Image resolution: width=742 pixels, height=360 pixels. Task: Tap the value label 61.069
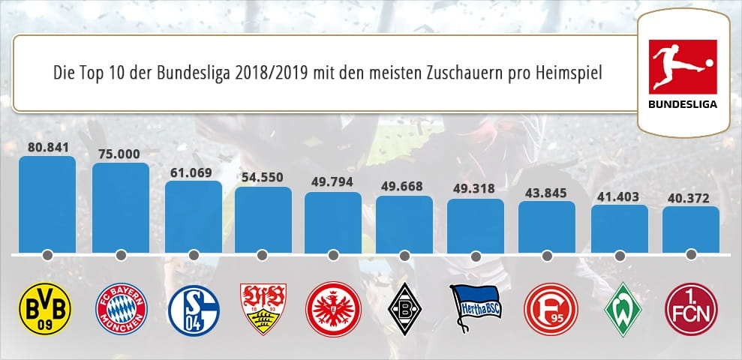coord(193,172)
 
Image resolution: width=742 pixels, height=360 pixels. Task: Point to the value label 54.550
coord(263,178)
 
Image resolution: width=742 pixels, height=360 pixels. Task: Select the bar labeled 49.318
coord(476,226)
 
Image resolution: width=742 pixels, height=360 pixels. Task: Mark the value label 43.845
coord(546,192)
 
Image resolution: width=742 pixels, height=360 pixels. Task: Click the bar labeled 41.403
coord(619,229)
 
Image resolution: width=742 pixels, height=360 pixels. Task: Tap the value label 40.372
coord(690,198)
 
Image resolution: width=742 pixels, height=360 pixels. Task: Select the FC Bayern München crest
coord(122,308)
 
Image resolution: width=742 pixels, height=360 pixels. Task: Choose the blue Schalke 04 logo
coord(193,308)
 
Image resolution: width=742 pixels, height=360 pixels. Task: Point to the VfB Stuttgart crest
coord(263,307)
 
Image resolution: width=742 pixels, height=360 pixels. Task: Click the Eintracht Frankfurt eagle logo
coord(333,308)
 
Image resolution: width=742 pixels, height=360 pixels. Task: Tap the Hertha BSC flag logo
coord(476,304)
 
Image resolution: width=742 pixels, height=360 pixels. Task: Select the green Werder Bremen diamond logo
coord(619,308)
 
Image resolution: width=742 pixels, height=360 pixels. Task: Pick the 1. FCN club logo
coord(690,308)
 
